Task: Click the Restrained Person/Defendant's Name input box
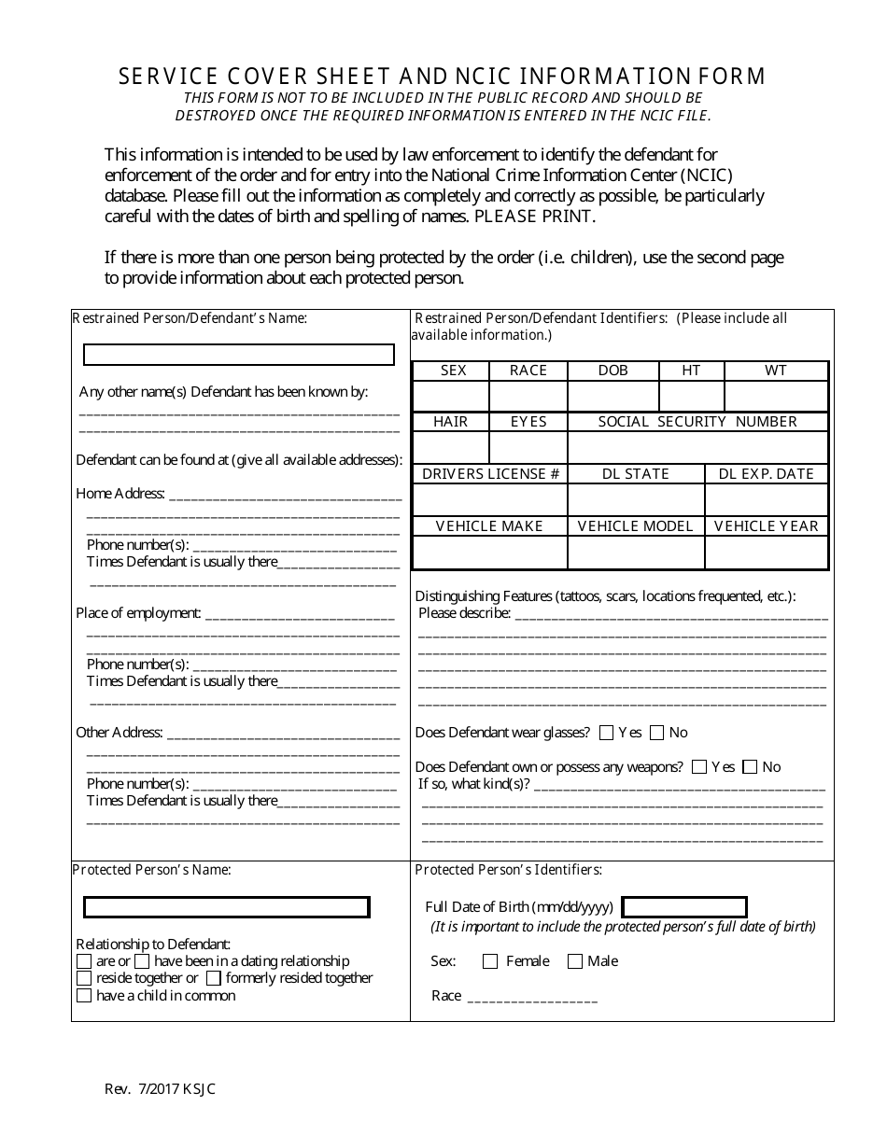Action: pyautogui.click(x=239, y=355)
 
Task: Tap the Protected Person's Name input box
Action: pyautogui.click(x=227, y=907)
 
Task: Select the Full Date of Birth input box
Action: pyautogui.click(x=684, y=907)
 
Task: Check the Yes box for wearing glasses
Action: pyautogui.click(x=607, y=733)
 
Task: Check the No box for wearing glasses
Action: pyautogui.click(x=657, y=733)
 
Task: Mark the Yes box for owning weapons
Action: pyautogui.click(x=699, y=767)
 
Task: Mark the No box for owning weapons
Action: pyautogui.click(x=751, y=767)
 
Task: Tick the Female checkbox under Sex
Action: pyautogui.click(x=490, y=961)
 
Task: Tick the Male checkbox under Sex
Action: pyautogui.click(x=575, y=961)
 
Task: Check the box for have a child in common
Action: pyautogui.click(x=84, y=996)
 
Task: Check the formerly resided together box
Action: pyautogui.click(x=214, y=978)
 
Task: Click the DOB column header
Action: pyautogui.click(x=612, y=371)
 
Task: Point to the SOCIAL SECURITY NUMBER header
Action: pyautogui.click(x=697, y=422)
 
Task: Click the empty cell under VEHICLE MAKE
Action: pyautogui.click(x=489, y=553)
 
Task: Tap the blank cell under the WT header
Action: pyautogui.click(x=776, y=396)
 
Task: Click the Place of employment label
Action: pyautogui.click(x=138, y=613)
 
